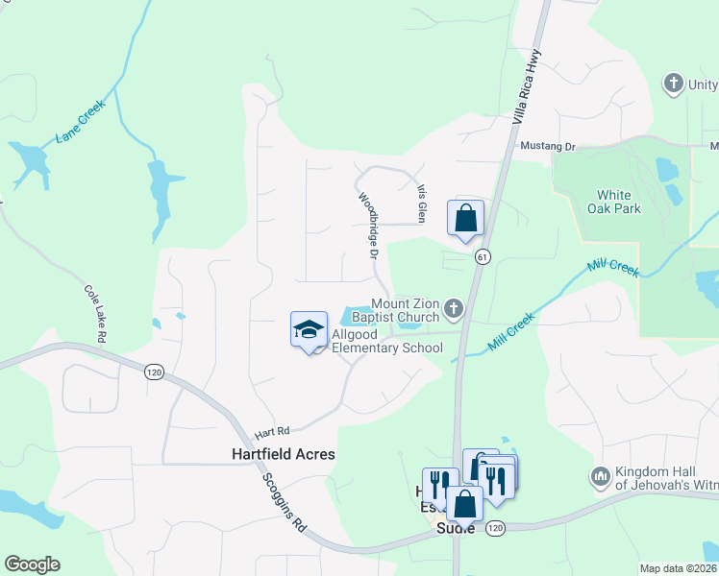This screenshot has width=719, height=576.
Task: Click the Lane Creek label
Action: point(79,123)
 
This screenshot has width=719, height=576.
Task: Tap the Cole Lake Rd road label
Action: point(95,313)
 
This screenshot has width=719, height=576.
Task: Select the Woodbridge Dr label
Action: point(366,225)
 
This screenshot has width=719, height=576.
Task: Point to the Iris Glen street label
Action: point(420,201)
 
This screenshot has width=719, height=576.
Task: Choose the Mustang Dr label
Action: point(547,147)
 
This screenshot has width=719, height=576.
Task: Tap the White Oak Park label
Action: point(614,201)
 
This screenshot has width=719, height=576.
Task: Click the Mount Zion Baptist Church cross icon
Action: point(454,309)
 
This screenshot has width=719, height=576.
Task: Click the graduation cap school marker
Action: point(310,329)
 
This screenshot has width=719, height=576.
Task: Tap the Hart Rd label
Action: point(271,433)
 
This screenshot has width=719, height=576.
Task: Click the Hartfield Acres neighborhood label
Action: point(284,454)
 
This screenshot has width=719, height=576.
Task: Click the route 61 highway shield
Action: point(483,256)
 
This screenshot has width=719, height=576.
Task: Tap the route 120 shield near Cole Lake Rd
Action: point(153,371)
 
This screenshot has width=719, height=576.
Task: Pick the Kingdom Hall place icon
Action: point(601,476)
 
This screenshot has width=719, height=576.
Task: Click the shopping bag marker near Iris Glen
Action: point(466,218)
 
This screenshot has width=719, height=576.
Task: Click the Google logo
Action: point(32,564)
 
